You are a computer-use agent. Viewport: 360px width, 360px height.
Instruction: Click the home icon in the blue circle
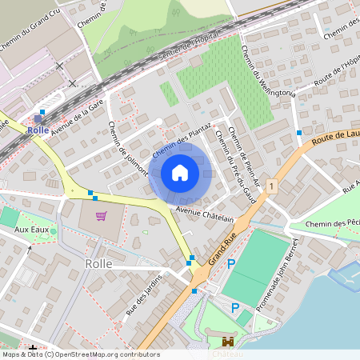[x=180, y=172]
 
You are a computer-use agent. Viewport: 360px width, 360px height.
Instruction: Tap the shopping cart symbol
[x=102, y=216]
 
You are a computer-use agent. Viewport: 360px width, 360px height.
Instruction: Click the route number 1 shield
[x=272, y=186]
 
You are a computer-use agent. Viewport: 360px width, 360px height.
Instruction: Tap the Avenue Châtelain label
[x=205, y=214]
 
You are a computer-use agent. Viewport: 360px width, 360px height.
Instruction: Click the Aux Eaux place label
[x=33, y=230]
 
